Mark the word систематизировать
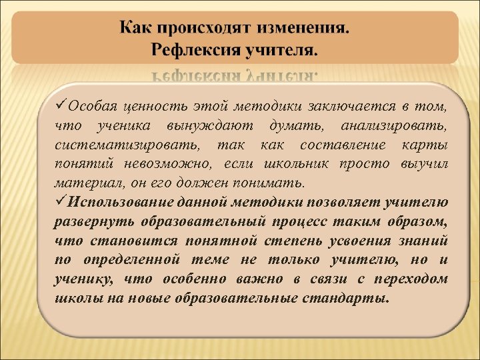click(x=119, y=145)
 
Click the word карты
click(x=428, y=145)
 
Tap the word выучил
click(x=424, y=164)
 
